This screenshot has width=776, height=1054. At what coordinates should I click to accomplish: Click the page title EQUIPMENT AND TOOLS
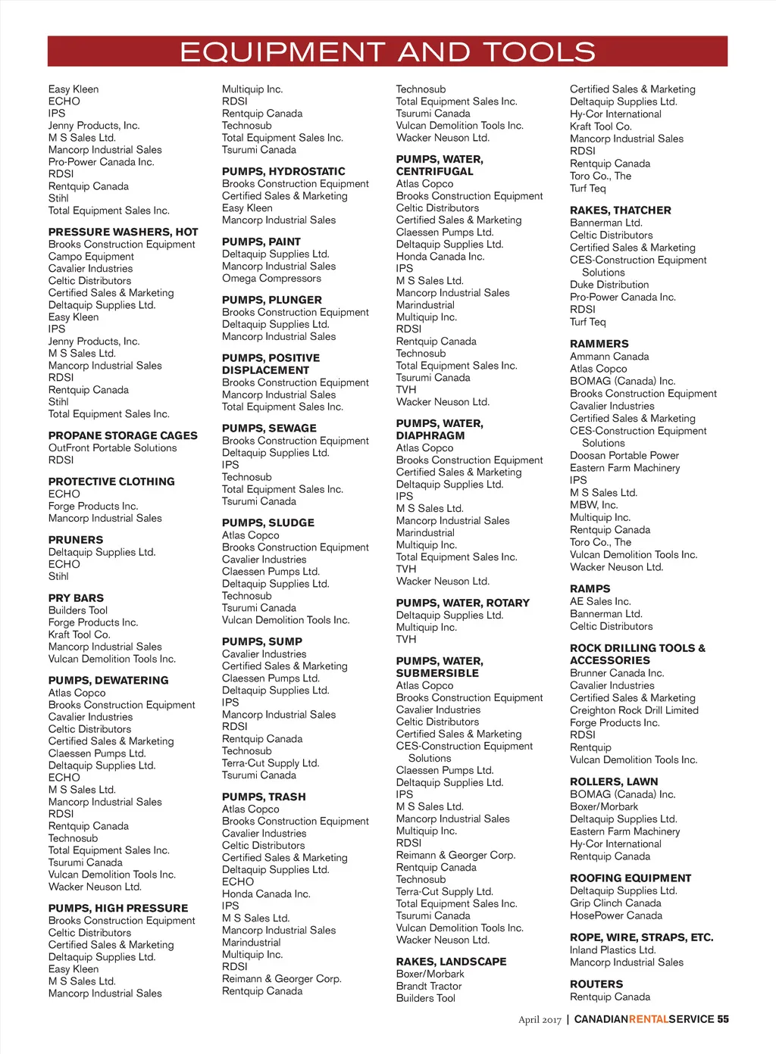(387, 51)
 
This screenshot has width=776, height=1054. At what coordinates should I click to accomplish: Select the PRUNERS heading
(76, 540)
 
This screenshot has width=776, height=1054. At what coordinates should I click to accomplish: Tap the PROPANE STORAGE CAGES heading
(123, 435)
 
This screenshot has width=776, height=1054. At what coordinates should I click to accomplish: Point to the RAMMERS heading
(599, 344)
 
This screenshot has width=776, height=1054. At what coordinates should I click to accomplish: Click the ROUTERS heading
(596, 984)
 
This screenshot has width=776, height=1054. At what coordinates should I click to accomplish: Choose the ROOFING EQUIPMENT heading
(630, 878)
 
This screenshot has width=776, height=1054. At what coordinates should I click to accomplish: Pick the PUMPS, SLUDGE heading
(268, 522)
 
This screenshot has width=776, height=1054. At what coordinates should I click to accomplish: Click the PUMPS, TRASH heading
(264, 797)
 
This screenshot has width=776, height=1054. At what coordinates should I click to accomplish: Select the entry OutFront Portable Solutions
(112, 448)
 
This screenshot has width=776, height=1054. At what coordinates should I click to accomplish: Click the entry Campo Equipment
(86, 257)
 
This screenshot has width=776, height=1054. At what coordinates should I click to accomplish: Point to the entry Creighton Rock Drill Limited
(634, 710)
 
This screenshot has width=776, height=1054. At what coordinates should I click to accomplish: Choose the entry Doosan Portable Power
(624, 456)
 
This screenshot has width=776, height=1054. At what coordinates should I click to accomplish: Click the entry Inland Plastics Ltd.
(613, 950)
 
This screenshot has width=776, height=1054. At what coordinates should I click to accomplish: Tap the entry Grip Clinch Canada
(615, 903)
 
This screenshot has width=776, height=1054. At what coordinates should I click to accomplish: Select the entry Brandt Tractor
(429, 986)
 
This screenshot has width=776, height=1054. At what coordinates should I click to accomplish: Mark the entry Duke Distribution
(609, 285)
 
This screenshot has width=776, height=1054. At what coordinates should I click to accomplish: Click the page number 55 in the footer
(723, 1019)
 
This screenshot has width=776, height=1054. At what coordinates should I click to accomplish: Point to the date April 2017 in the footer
(540, 1020)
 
